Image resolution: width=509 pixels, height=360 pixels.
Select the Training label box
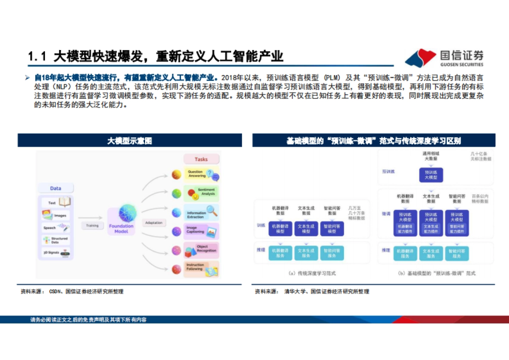[92, 226]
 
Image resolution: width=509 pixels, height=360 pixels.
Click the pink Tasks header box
[201, 159]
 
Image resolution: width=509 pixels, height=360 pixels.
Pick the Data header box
[56, 188]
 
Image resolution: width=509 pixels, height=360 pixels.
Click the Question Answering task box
[201, 174]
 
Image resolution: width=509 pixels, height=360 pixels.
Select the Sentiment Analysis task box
[201, 193]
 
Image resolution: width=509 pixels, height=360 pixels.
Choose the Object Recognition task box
[201, 249]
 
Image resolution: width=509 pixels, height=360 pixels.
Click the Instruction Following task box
[201, 268]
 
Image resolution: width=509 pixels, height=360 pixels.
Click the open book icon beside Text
[64, 202]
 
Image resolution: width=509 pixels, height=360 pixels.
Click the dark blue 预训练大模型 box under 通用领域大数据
[431, 175]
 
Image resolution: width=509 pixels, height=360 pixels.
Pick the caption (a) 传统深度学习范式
[312, 273]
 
